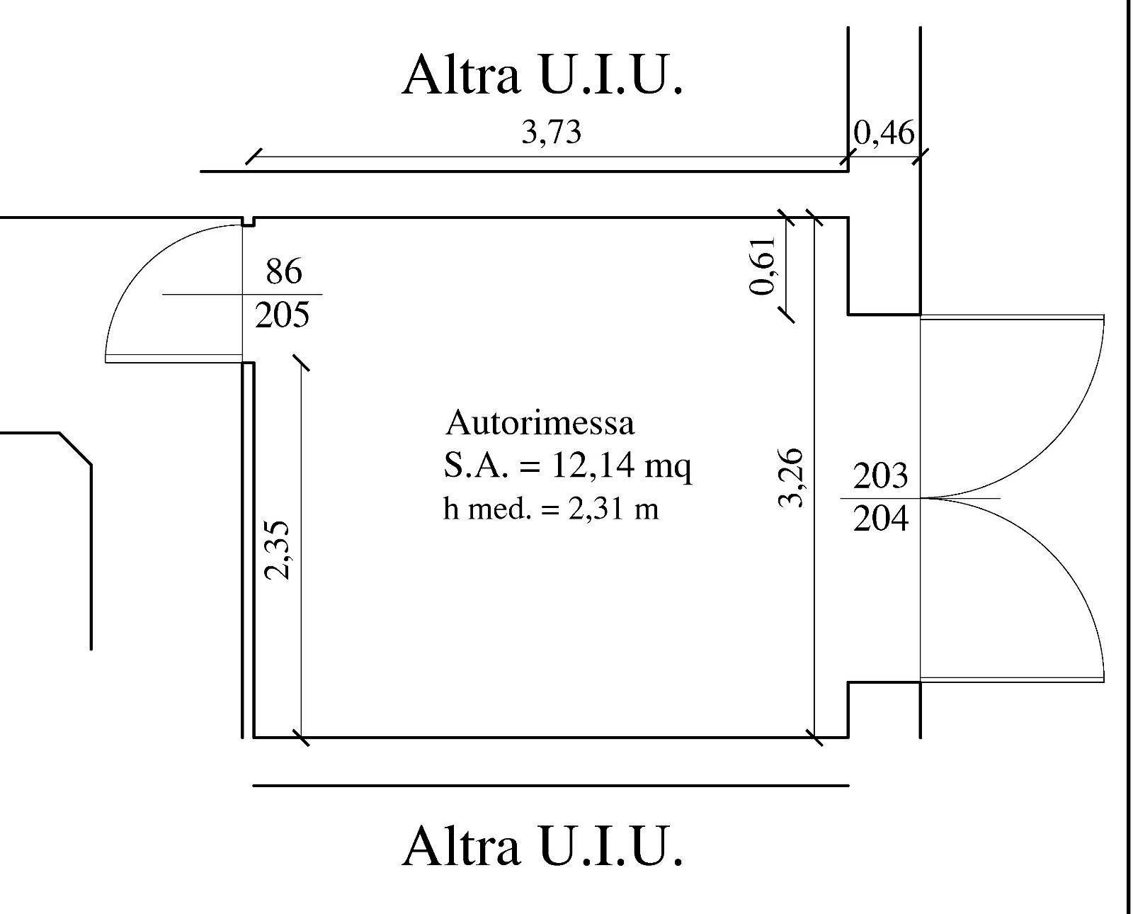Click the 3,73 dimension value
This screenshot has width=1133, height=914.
click(551, 132)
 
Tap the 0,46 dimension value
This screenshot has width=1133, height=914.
click(884, 132)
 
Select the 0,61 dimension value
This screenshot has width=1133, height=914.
click(764, 265)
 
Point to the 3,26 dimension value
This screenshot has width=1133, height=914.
click(791, 478)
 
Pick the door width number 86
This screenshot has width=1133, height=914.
click(283, 271)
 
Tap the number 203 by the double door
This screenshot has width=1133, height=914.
click(880, 476)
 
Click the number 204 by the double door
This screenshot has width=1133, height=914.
click(880, 519)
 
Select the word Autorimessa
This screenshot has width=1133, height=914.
click(540, 423)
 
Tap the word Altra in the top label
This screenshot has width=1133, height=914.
click(461, 75)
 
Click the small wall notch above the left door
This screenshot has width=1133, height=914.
click(248, 222)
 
